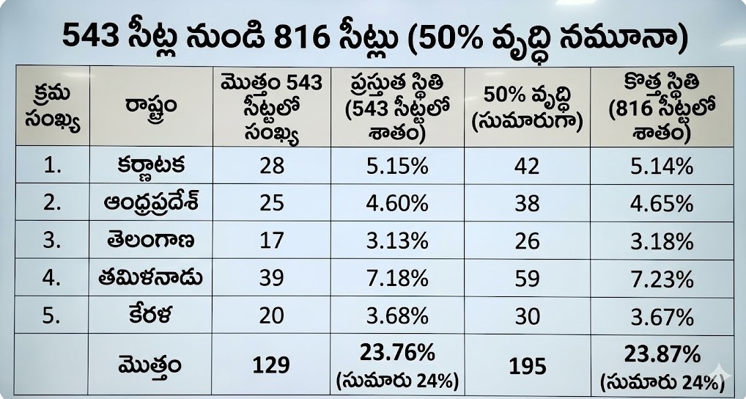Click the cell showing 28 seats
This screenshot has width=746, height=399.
(x=272, y=165)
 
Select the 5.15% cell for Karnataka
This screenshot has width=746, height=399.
(x=396, y=165)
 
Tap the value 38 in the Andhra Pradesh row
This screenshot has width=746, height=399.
(x=527, y=203)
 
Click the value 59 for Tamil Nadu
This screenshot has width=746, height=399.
(x=527, y=279)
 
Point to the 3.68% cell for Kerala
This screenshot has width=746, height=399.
(x=396, y=316)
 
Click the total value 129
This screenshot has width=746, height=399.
(x=272, y=365)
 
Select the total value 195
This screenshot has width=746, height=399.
(x=527, y=365)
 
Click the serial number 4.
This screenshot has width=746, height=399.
(x=52, y=279)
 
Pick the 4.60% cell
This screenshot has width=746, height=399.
(x=396, y=203)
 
